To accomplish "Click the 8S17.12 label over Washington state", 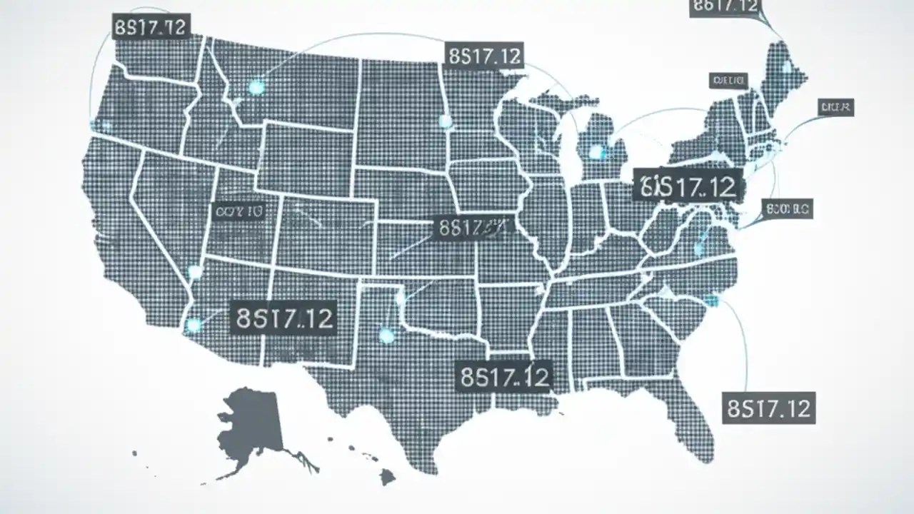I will click(x=151, y=27).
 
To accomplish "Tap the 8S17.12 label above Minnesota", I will click(x=484, y=56).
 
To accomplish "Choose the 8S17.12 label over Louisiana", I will click(x=504, y=376).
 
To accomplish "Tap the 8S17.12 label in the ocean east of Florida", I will click(x=768, y=408).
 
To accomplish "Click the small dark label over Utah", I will click(x=238, y=211).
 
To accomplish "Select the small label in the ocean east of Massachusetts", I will click(x=835, y=108).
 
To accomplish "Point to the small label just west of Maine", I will click(x=728, y=80).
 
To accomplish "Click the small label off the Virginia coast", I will click(x=788, y=209).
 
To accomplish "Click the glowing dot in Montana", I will click(x=256, y=87).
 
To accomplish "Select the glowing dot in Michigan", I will click(x=596, y=151).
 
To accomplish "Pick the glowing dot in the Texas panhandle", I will click(x=386, y=335).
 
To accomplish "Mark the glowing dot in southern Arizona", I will click(x=194, y=326).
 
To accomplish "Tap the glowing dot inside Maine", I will click(x=786, y=68).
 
